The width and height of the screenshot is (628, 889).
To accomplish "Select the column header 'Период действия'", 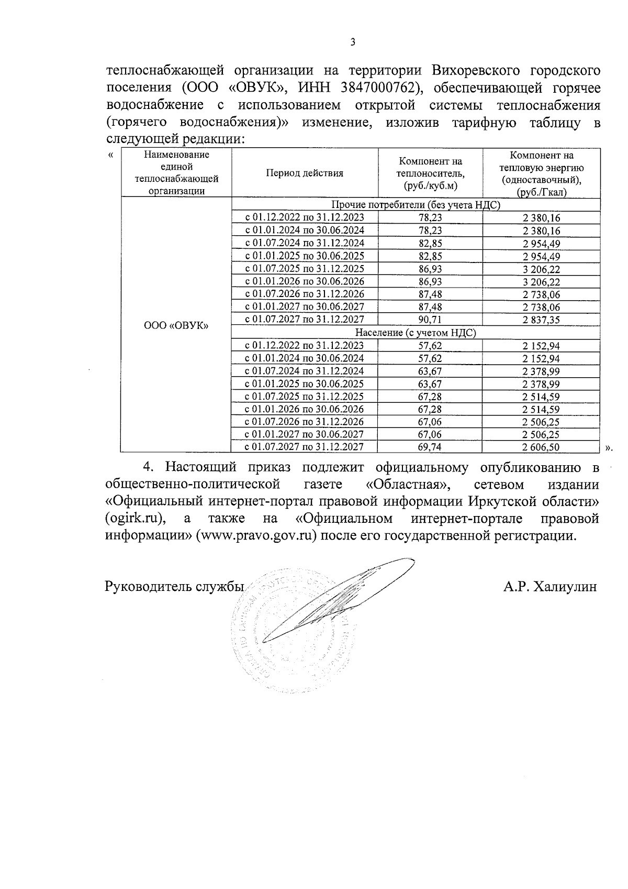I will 305,173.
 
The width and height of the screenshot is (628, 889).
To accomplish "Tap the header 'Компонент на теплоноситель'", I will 430,173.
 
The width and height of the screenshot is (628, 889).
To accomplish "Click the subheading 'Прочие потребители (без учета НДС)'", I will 416,205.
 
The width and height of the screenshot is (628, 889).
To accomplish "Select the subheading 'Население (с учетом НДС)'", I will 416,332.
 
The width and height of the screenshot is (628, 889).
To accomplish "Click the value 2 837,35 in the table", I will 541,320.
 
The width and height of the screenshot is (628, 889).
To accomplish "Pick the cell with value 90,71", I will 430,320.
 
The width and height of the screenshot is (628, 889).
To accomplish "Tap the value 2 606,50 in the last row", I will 541,447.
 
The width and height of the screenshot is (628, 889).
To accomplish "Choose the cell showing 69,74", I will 430,447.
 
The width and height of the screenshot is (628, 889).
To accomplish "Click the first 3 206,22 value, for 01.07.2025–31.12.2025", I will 541,269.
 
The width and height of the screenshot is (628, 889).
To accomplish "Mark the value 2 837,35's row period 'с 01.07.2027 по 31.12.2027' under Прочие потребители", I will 305,320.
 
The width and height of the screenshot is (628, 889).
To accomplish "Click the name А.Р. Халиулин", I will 550,587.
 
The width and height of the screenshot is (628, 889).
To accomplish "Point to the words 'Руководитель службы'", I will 175,587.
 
